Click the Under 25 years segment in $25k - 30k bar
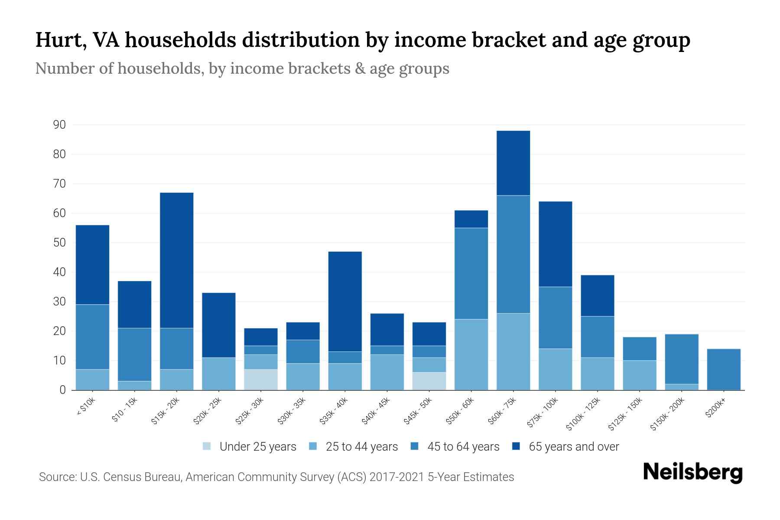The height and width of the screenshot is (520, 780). click(x=261, y=380)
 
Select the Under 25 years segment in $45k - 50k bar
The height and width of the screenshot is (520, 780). click(x=429, y=381)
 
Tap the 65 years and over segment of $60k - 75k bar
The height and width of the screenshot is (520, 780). click(x=513, y=163)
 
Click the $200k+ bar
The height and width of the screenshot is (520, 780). click(x=724, y=369)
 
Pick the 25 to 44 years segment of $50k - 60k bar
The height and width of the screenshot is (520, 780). click(x=471, y=354)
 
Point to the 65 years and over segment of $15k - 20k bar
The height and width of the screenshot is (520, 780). click(x=177, y=260)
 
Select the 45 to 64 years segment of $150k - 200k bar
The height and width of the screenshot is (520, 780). click(x=682, y=359)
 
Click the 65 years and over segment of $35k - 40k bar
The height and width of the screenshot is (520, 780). click(x=345, y=301)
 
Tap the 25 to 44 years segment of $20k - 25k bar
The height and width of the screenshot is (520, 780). click(x=219, y=374)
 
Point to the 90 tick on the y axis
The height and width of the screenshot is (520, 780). click(x=59, y=125)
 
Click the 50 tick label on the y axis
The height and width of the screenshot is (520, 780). click(x=59, y=243)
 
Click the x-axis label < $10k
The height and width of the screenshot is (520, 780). click(x=85, y=407)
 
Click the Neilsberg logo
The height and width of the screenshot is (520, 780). click(x=692, y=472)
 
